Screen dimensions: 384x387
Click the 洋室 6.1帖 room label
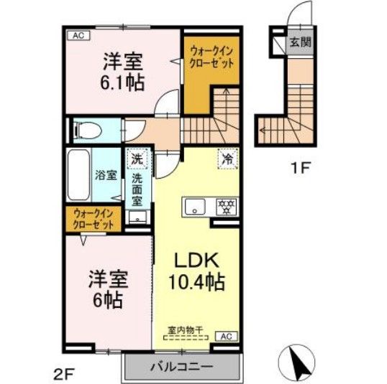coord(122,71)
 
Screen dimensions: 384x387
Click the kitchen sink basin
coord(194,207)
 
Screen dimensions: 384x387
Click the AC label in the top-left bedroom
coord(79,35)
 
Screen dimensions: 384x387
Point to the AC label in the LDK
coord(224,335)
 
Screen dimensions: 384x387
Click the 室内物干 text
coord(186,331)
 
